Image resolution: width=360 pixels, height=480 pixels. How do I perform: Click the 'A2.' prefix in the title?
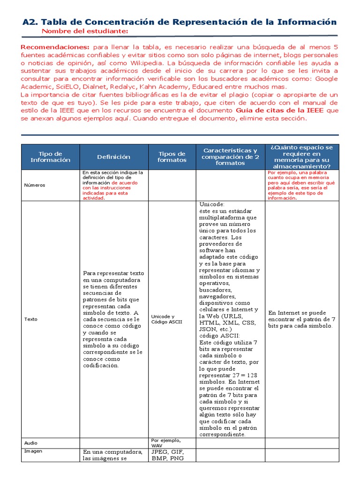pos(31,22)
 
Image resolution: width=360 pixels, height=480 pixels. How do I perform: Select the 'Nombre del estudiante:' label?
pos(85,31)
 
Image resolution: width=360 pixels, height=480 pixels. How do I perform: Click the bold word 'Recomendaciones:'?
pos(55,47)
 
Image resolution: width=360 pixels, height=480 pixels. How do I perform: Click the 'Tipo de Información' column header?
pos(51,157)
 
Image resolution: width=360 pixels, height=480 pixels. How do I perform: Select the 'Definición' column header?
pos(114,157)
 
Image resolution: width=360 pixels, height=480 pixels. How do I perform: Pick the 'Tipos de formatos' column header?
pos(172,157)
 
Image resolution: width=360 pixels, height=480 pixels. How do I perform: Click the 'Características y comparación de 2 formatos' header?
pos(230,157)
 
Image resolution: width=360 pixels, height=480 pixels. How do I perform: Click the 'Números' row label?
pos(35,185)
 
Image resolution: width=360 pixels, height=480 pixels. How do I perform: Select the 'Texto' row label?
pos(31,319)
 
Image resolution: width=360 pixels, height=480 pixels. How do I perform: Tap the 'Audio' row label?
pos(31,443)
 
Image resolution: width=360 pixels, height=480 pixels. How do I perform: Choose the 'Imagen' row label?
pos(33,451)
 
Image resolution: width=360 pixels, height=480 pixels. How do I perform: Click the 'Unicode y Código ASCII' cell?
pos(166,319)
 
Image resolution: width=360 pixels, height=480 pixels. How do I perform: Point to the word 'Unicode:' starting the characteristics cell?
pos(212,204)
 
